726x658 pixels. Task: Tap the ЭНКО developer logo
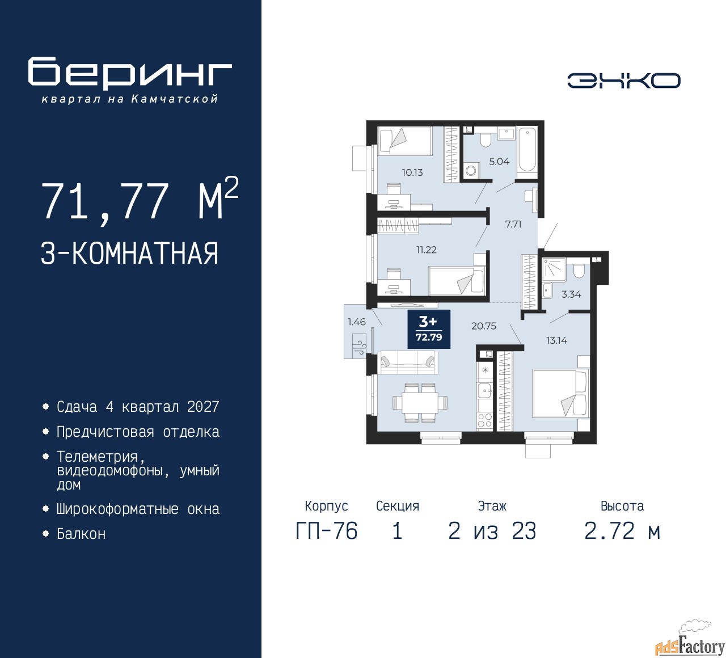623,80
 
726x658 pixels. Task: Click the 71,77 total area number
105,201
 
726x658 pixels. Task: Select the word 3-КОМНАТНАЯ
129,253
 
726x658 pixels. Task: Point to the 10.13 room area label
412,172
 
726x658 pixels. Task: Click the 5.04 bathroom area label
499,162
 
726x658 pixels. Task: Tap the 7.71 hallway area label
513,224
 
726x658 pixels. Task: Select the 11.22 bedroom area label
427,250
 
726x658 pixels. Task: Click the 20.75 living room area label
483,326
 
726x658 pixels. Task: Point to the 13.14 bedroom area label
556,340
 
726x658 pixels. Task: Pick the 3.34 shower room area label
571,294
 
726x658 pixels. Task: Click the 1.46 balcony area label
357,322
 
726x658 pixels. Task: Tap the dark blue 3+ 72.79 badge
429,329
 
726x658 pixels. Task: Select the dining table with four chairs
420,403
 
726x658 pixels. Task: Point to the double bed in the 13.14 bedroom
560,394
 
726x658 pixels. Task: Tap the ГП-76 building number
327,532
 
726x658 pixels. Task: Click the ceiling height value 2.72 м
622,532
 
